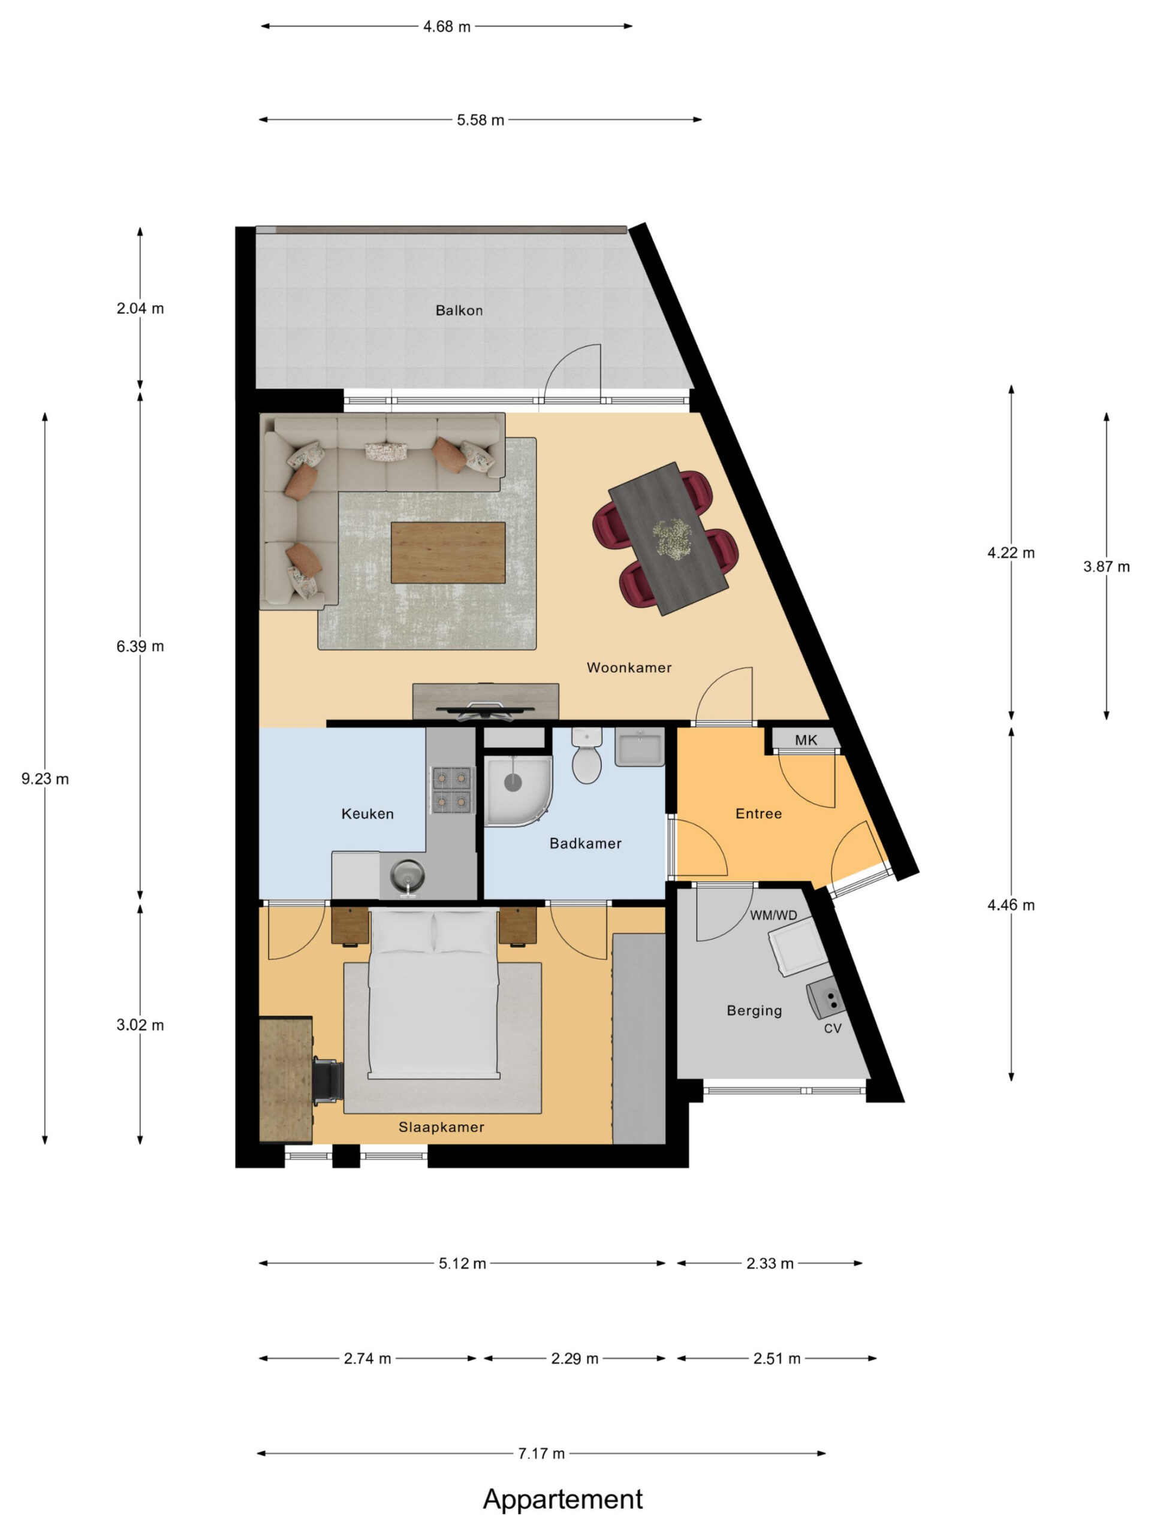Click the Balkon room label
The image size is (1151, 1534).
pyautogui.click(x=459, y=310)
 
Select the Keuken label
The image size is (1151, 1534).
pyautogui.click(x=367, y=814)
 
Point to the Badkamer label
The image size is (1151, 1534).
pyautogui.click(x=585, y=843)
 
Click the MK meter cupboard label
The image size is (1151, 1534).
pyautogui.click(x=806, y=740)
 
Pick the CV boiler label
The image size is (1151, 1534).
pyautogui.click(x=833, y=1028)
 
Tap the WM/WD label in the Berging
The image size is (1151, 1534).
pyautogui.click(x=773, y=916)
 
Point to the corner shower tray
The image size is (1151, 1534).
pyautogui.click(x=517, y=792)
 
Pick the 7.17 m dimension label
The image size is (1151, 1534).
pyautogui.click(x=541, y=1453)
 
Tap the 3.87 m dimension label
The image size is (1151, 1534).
pyautogui.click(x=1106, y=567)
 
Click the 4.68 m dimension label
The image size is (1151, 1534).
pyautogui.click(x=447, y=26)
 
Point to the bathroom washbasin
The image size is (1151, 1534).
pyautogui.click(x=639, y=747)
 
